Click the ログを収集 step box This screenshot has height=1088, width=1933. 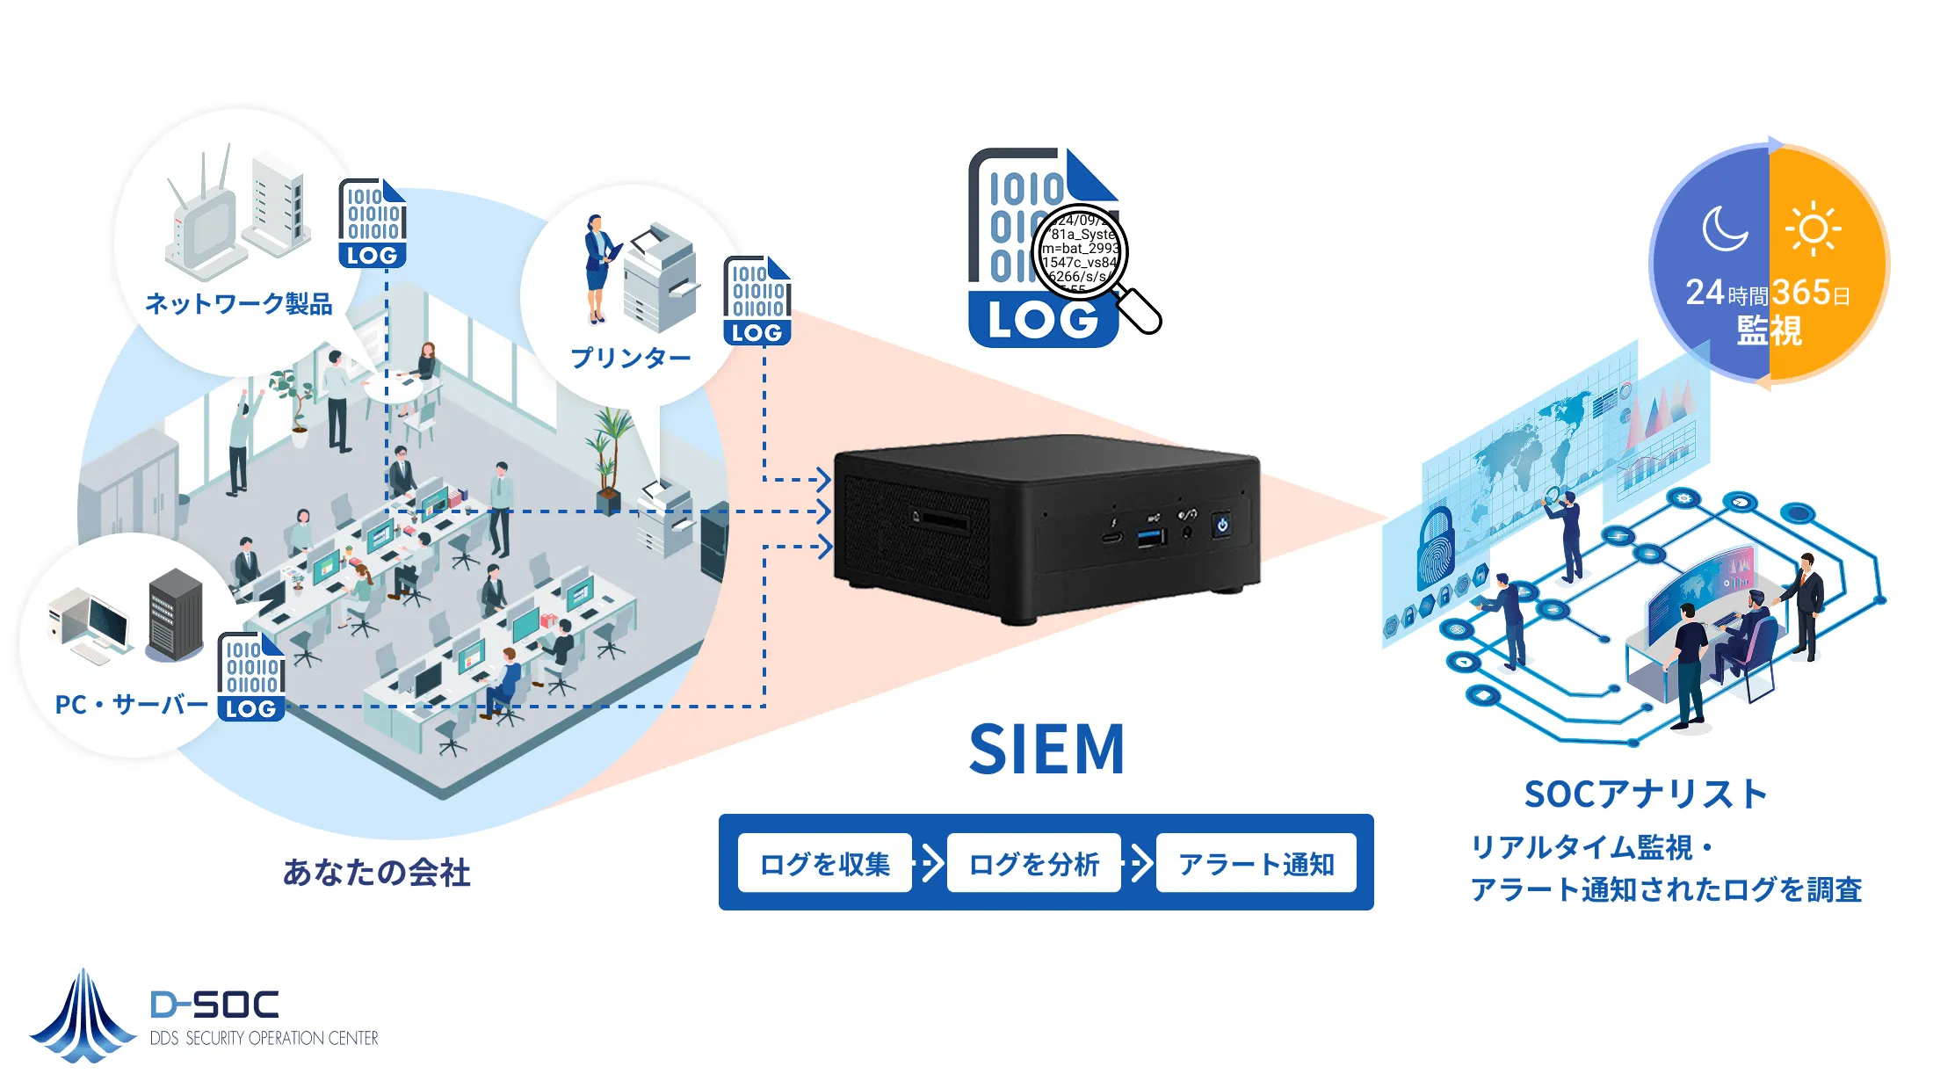(824, 864)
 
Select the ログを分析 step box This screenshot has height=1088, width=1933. (1033, 864)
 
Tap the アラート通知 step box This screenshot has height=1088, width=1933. (1256, 864)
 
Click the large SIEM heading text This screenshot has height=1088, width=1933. (1046, 750)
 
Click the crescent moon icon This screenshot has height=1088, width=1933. (1724, 229)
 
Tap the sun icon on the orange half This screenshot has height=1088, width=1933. (1813, 229)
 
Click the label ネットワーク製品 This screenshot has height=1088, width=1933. (238, 304)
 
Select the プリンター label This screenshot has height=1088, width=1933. (630, 358)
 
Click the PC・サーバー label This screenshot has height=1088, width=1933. (131, 704)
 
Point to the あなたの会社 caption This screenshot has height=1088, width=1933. (376, 873)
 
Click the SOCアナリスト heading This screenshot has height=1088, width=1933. (1645, 794)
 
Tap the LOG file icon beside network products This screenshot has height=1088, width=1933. (372, 224)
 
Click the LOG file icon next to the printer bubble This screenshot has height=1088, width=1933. (757, 301)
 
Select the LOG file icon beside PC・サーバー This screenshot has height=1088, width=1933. (251, 676)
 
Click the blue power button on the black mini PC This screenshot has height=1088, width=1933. (1221, 526)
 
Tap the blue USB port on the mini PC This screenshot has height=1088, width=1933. (1151, 535)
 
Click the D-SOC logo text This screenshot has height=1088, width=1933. (214, 1005)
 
